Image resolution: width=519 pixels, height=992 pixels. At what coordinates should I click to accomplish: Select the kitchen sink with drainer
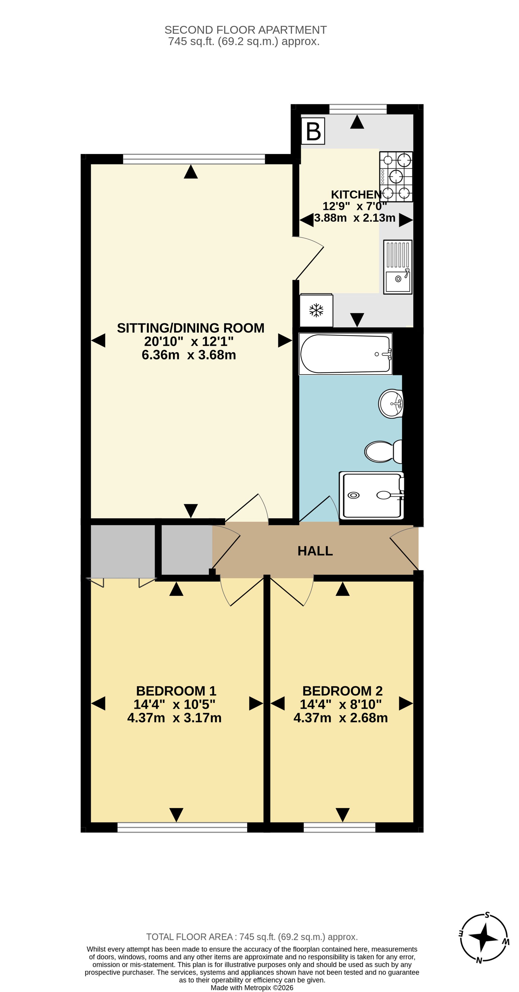[x=398, y=267]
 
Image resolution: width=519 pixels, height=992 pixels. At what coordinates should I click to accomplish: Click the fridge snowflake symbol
[x=316, y=310]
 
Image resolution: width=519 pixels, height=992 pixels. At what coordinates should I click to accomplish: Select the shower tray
[x=372, y=495]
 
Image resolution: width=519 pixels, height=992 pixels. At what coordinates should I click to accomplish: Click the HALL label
[x=315, y=551]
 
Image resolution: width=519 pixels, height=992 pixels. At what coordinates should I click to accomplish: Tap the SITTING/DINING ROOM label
[x=190, y=328]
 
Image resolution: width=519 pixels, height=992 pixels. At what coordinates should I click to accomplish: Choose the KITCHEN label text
[x=356, y=194]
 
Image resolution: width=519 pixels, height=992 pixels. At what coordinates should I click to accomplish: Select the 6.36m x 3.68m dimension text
[x=189, y=355]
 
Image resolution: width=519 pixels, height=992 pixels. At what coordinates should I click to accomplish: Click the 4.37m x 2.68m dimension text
[x=340, y=718]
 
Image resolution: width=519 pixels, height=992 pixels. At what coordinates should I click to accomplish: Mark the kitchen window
[x=358, y=109]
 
